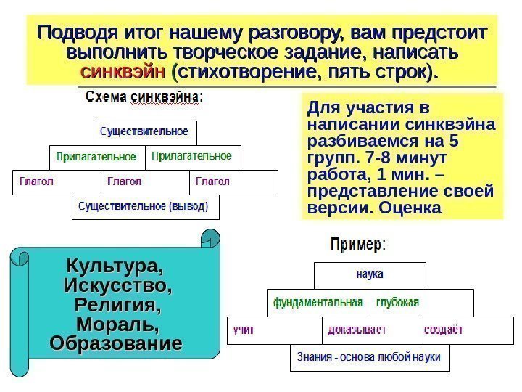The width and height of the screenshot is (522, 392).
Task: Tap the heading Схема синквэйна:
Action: coord(144,97)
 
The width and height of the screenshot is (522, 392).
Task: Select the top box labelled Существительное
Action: coord(144,133)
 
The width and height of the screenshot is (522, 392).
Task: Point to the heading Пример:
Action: coord(358,245)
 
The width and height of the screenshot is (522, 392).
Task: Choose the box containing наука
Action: coord(370,275)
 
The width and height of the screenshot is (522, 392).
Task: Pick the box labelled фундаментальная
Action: coord(318,302)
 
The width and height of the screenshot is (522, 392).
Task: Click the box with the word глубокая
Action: coord(420,302)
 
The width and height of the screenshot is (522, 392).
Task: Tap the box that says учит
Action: coord(274,330)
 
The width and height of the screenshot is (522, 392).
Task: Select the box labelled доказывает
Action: coord(370,330)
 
